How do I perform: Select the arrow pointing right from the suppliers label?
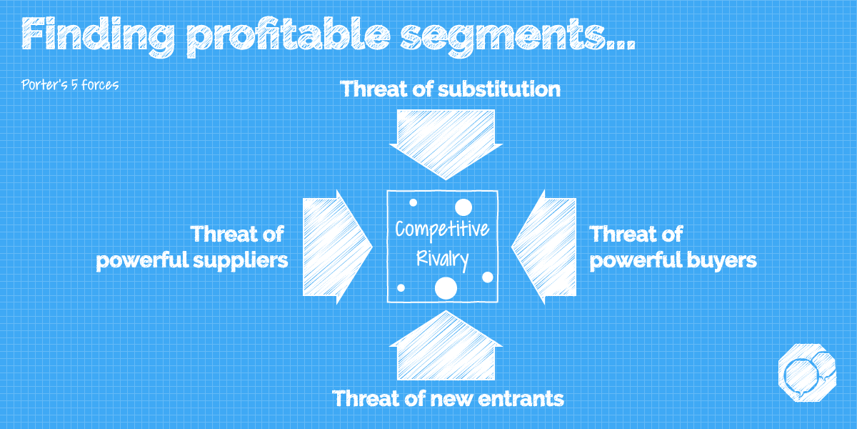(x=336, y=247)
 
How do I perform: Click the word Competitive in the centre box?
(x=443, y=230)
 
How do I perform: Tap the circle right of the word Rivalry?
(x=488, y=277)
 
